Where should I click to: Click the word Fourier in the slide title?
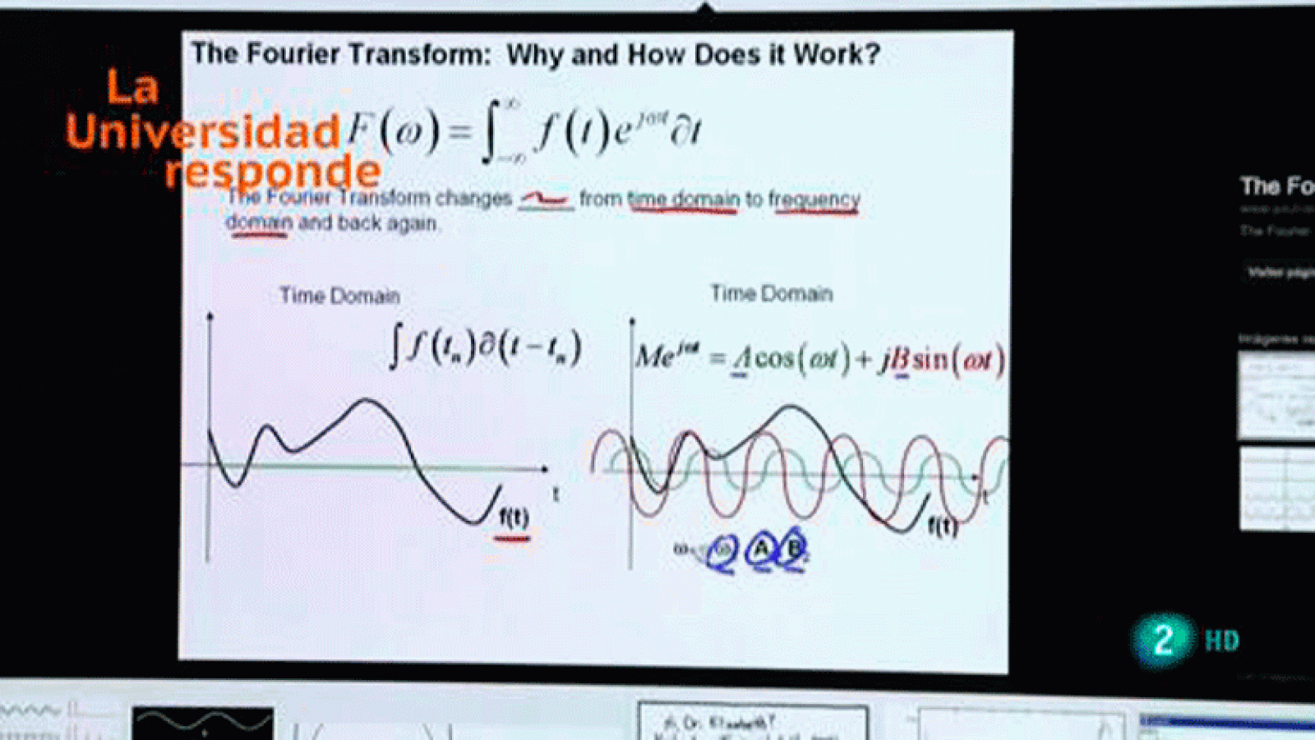pyautogui.click(x=292, y=54)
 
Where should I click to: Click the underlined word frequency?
pyautogui.click(x=814, y=200)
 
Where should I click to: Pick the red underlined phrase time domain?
pyautogui.click(x=683, y=200)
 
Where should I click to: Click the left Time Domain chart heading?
pyautogui.click(x=339, y=296)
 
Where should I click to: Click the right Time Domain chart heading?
pyautogui.click(x=771, y=293)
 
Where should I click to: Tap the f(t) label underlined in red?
pyautogui.click(x=514, y=518)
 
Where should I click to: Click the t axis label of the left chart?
pyautogui.click(x=556, y=494)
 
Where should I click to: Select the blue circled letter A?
pyautogui.click(x=763, y=549)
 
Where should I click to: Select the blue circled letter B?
pyautogui.click(x=793, y=549)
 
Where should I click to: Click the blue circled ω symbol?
pyautogui.click(x=722, y=551)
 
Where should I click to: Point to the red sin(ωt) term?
pyautogui.click(x=957, y=360)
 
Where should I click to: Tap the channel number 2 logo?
pyautogui.click(x=1162, y=640)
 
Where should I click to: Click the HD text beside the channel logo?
pyautogui.click(x=1221, y=641)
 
